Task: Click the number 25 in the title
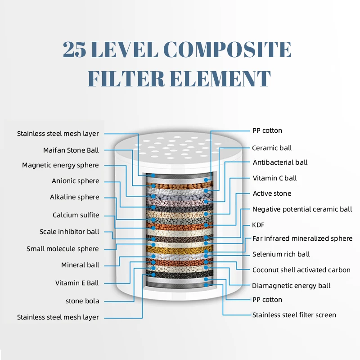coord(75,49)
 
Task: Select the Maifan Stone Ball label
coord(71,150)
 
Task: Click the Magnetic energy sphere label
coord(60,165)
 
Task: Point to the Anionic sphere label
coord(75,181)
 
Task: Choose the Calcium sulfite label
coord(76,215)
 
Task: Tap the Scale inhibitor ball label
coord(69,232)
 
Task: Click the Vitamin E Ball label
coord(77,283)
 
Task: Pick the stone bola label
coord(82,301)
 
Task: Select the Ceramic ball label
coord(272,148)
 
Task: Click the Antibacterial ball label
coord(280,162)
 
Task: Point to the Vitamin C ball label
coord(274,178)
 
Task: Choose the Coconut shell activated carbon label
coord(301,270)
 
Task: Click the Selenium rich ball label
coord(281,254)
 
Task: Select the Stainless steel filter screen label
coord(294,315)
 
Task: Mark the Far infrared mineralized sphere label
coord(302,238)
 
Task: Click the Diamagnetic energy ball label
coord(291,286)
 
